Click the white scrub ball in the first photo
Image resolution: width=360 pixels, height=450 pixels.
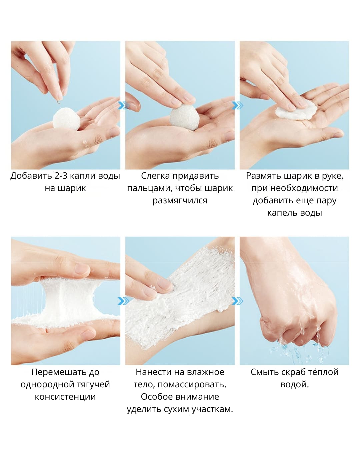pyautogui.click(x=66, y=119)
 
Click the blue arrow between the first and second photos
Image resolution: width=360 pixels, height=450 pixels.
pyautogui.click(x=123, y=105)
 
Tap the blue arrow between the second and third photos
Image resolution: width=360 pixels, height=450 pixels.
pyautogui.click(x=237, y=105)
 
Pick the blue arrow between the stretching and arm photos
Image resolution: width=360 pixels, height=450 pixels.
pyautogui.click(x=123, y=301)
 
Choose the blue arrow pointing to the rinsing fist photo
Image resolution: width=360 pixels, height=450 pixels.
pyautogui.click(x=238, y=301)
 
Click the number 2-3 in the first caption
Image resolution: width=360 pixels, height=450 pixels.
pyautogui.click(x=61, y=176)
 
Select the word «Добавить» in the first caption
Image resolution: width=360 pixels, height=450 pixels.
pyautogui.click(x=31, y=176)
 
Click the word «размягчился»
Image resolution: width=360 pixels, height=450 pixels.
pyautogui.click(x=180, y=201)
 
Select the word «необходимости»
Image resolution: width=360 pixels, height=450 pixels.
pyautogui.click(x=304, y=188)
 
